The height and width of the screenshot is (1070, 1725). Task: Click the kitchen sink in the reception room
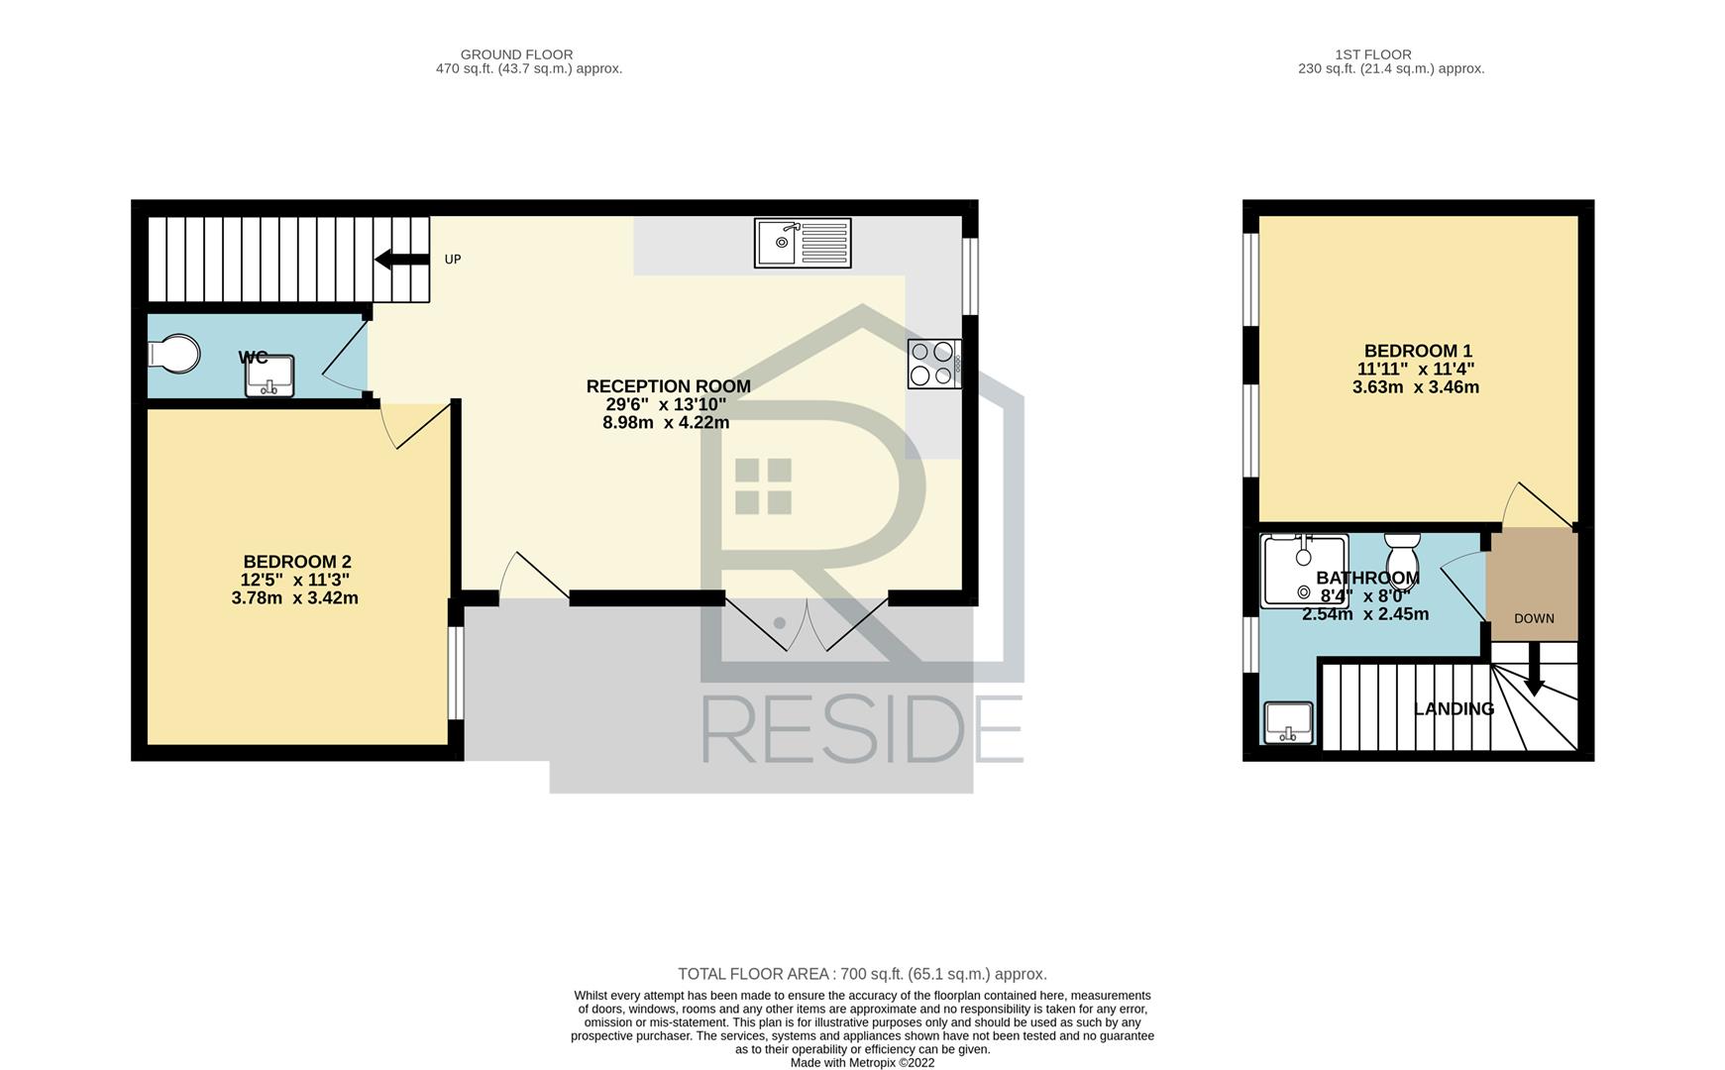(803, 243)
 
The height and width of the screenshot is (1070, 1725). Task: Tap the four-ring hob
(934, 364)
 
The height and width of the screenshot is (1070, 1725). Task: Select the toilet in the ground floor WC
(173, 355)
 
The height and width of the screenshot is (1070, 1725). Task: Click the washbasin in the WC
(270, 375)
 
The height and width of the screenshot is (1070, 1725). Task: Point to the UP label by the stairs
(453, 260)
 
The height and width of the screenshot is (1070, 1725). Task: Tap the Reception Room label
(668, 386)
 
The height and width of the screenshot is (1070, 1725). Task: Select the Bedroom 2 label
(297, 562)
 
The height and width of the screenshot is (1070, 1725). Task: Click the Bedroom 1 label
(1418, 351)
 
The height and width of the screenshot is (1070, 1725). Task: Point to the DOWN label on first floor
(1534, 618)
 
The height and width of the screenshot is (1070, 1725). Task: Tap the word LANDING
(1454, 709)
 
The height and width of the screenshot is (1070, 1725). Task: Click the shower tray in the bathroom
(1304, 571)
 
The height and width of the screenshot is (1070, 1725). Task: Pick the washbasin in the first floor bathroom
(1288, 723)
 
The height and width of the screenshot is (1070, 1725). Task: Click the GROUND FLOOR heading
(517, 54)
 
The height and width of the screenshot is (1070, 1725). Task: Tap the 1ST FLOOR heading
(1372, 54)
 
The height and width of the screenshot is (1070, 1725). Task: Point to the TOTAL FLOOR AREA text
(862, 974)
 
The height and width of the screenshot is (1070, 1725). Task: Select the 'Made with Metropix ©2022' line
(862, 1063)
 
